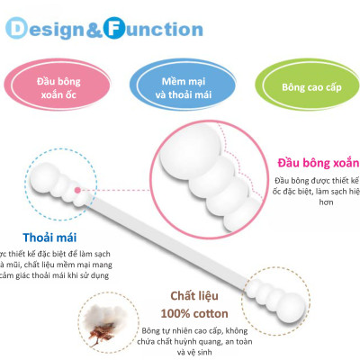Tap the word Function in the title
click(x=163, y=29)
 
